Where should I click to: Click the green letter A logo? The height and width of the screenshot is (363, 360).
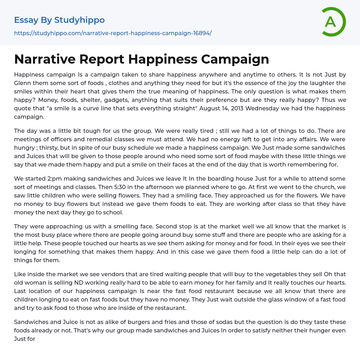[x=332, y=22]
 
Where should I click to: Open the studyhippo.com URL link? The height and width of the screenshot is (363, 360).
[x=112, y=33]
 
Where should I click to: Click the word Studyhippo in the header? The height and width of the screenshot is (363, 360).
[x=79, y=20]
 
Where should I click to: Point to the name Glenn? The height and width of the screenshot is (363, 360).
[x=23, y=83]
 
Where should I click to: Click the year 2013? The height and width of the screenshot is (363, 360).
[x=234, y=108]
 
